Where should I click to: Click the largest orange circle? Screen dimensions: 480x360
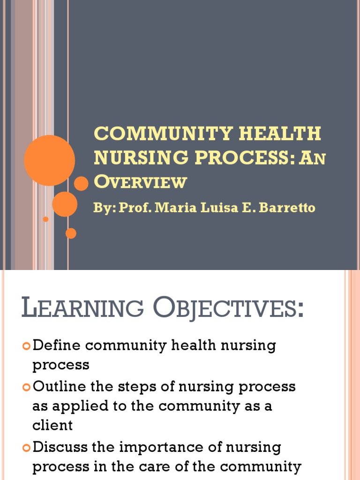[49, 160]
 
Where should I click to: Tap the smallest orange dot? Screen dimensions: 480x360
[45, 219]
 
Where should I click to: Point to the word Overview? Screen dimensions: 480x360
[140, 181]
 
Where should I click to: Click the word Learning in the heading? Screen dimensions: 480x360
[82, 309]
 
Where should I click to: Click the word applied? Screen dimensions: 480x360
[76, 406]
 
